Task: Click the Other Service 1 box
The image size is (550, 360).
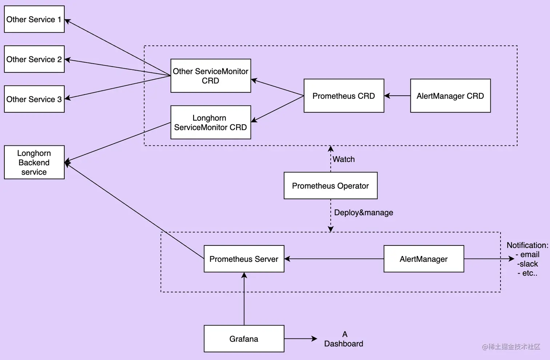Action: (34, 19)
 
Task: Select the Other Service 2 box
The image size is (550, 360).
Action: (34, 59)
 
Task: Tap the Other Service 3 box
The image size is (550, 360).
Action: (34, 99)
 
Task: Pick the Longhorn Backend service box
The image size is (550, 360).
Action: (34, 162)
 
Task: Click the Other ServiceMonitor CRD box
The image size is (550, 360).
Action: (211, 76)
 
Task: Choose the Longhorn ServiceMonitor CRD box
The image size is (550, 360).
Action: (211, 122)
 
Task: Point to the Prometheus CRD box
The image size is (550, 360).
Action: (344, 96)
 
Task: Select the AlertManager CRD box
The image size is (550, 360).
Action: (450, 96)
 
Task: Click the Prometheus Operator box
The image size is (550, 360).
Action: (330, 185)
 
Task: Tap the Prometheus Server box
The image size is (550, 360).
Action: (244, 259)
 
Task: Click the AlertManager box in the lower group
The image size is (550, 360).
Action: (424, 259)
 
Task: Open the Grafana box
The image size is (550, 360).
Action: (244, 339)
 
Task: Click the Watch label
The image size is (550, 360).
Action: (344, 159)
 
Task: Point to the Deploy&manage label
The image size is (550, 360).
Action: (363, 212)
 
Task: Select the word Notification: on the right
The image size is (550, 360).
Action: (527, 245)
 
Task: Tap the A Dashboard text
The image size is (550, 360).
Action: (344, 339)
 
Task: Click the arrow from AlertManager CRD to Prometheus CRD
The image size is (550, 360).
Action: (397, 96)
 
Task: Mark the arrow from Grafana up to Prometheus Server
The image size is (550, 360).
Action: (244, 298)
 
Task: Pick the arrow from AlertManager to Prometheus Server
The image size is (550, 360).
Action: (334, 259)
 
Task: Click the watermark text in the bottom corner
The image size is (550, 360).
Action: (511, 347)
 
